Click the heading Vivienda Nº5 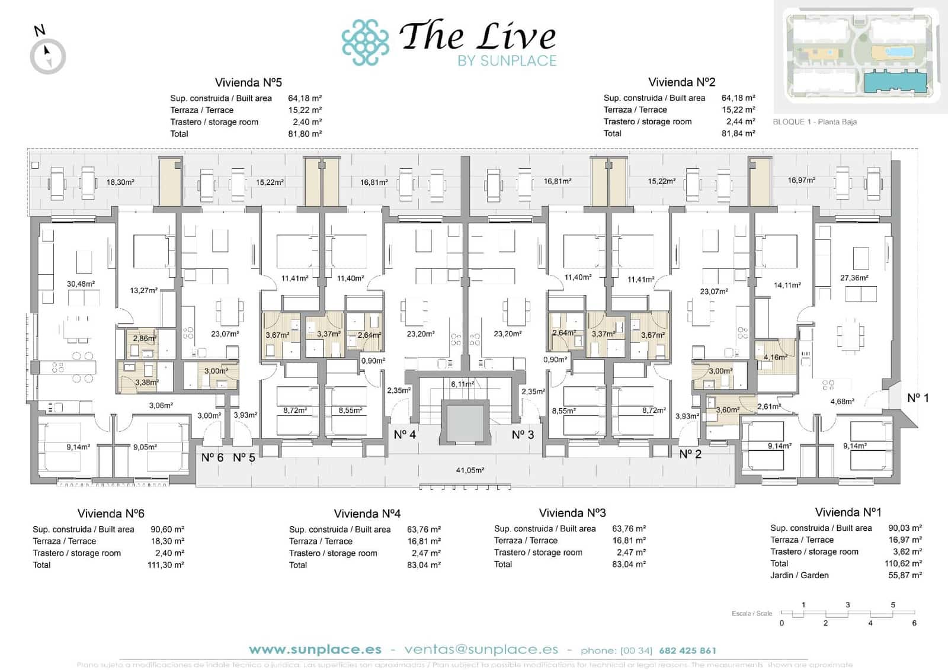tap(248, 82)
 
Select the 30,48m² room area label tap(81, 284)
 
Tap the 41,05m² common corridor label tap(470, 470)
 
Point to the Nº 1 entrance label tap(918, 398)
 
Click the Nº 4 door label tap(405, 435)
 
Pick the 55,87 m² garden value tap(905, 575)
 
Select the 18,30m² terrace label tap(120, 182)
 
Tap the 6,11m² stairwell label tap(462, 384)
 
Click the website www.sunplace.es tap(315, 650)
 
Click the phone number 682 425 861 tap(687, 650)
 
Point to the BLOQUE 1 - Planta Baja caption tap(815, 122)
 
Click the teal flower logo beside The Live tap(365, 42)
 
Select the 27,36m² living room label tap(854, 277)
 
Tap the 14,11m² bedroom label tap(787, 285)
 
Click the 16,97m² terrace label tap(801, 180)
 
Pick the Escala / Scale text tap(751, 614)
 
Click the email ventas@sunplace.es tap(481, 650)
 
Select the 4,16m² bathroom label tap(775, 357)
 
